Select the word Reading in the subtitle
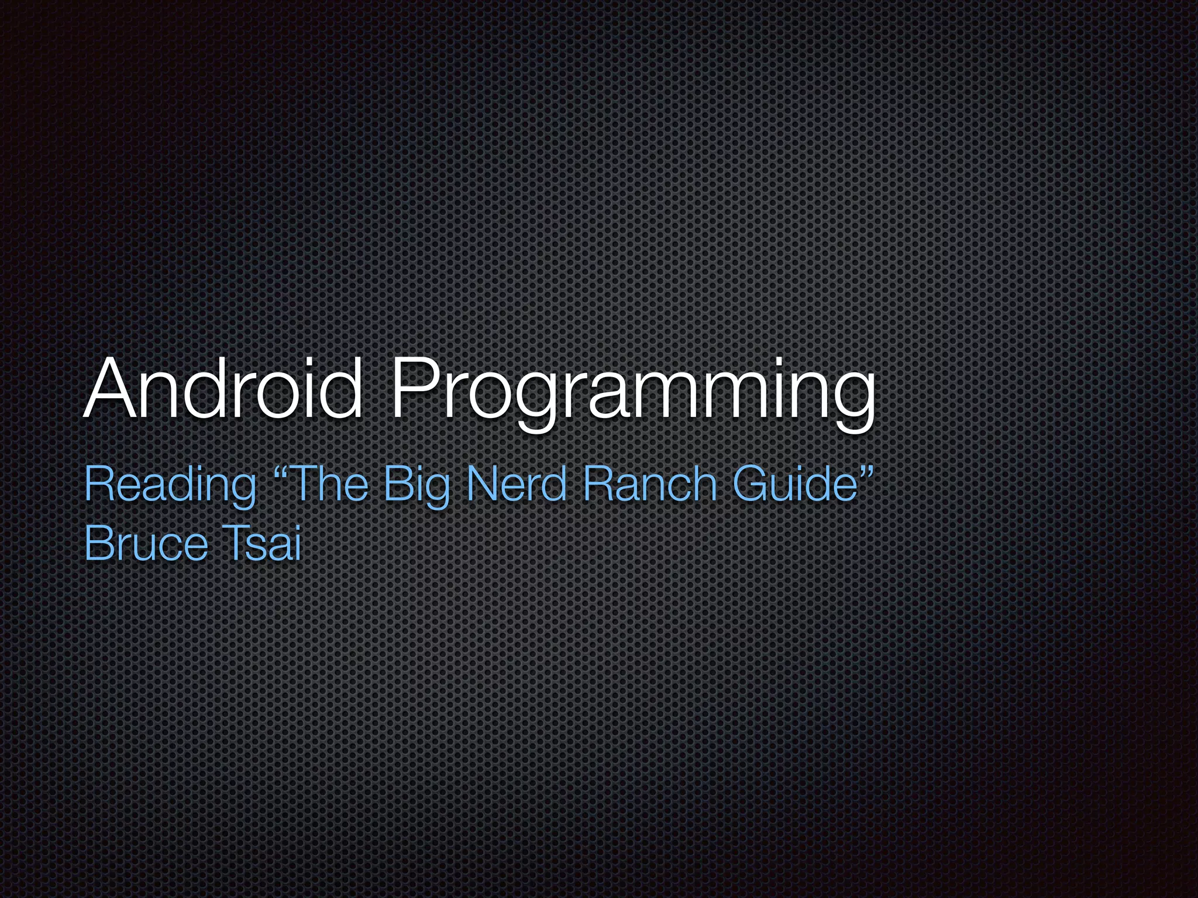(170, 485)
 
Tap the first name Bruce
(146, 544)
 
